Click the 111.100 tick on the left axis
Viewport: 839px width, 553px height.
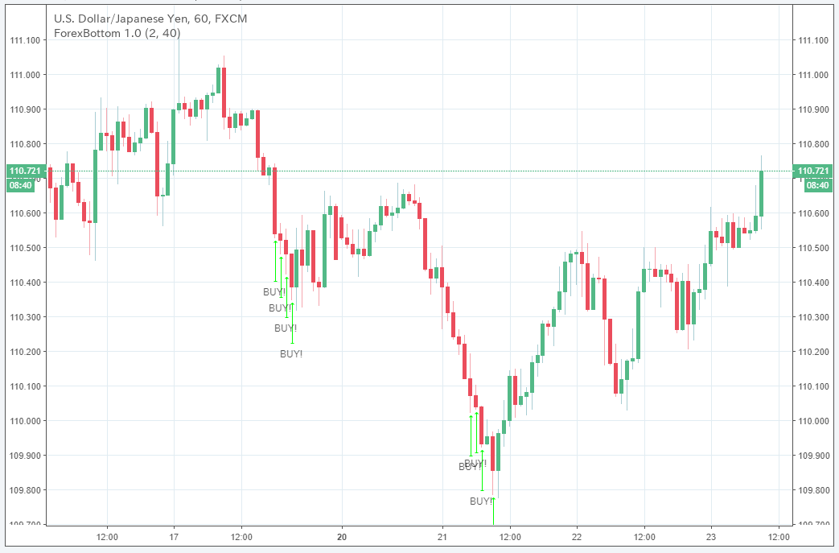(25, 40)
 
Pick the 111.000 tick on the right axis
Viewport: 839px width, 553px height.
(812, 75)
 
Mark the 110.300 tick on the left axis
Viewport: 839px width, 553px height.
(25, 317)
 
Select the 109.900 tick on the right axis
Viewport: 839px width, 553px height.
(812, 456)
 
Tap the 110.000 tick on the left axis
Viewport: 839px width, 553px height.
(25, 421)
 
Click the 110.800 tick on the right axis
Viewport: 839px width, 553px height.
(812, 144)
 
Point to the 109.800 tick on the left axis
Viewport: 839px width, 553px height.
(25, 490)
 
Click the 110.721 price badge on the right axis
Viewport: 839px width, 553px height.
(812, 171)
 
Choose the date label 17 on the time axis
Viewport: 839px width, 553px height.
(174, 536)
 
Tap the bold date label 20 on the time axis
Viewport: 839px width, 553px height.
(342, 536)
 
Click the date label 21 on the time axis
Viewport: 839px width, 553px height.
(442, 536)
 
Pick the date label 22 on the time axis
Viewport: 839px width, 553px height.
(577, 536)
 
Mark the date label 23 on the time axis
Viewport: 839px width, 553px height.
(711, 536)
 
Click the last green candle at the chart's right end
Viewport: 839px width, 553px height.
(761, 193)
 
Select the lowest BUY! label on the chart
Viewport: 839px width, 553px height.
(481, 501)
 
